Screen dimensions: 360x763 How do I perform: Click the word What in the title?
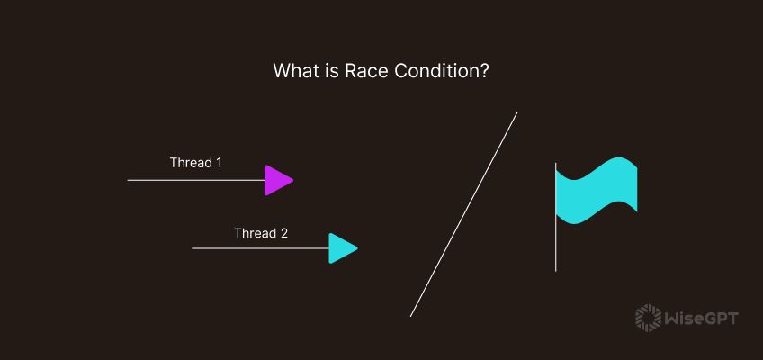pos(293,71)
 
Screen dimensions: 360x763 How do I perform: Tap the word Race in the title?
pos(357,71)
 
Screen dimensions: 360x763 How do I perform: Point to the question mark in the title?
pos(484,71)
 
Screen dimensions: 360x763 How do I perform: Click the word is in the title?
pos(326,71)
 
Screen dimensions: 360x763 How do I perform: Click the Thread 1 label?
pos(195,163)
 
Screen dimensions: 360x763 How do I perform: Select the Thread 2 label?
pos(261,233)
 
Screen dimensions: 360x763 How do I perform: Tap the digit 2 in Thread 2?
pos(283,233)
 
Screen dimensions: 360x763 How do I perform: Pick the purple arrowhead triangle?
pos(276,180)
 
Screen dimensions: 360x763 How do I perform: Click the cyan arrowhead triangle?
pos(341,248)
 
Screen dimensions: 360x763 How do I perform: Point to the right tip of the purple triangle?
pos(293,180)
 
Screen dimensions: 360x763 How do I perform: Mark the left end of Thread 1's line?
pos(129,180)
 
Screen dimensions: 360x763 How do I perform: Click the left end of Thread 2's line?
pos(193,248)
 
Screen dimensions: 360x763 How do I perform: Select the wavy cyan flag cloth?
pos(597,191)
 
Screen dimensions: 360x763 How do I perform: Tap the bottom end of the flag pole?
pos(555,269)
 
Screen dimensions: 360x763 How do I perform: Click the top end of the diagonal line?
pos(517,112)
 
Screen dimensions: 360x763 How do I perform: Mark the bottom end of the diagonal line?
pos(411,316)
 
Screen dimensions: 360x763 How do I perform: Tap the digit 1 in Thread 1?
pos(218,163)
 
